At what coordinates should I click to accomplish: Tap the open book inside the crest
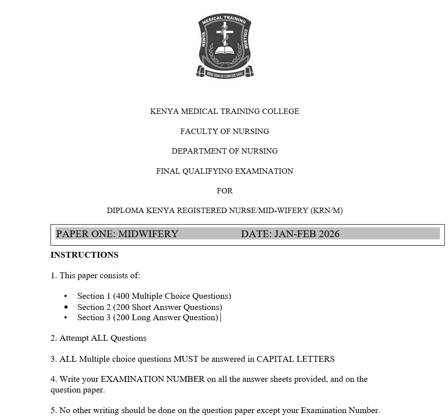225,50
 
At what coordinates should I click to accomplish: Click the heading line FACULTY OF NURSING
224,131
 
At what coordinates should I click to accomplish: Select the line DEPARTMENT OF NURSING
224,151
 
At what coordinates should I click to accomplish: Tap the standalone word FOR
224,191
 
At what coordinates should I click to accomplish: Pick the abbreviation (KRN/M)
326,210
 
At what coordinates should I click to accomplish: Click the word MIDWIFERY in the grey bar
148,234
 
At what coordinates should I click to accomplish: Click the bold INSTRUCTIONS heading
85,255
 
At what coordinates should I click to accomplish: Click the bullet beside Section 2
66,307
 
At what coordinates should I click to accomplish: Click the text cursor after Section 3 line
221,318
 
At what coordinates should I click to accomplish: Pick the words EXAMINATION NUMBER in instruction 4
152,379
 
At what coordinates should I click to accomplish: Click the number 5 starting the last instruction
53,410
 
